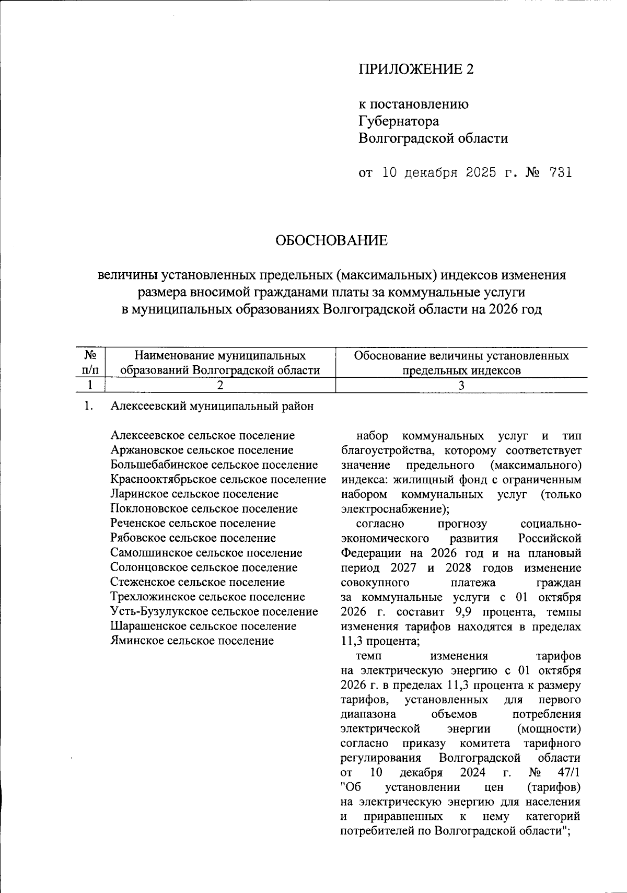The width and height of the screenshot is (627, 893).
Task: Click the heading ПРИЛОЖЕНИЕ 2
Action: (415, 69)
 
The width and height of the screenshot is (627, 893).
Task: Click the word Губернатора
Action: (398, 121)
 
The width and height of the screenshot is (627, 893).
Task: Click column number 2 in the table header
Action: (220, 385)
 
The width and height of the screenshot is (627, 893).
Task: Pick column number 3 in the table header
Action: (461, 385)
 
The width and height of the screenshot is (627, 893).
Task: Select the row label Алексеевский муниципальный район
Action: (212, 407)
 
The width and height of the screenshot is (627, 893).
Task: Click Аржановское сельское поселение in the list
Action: (202, 450)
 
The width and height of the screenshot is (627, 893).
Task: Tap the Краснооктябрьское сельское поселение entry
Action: (218, 480)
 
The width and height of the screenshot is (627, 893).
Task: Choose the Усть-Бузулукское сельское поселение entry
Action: (214, 611)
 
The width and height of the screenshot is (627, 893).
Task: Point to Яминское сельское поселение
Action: (192, 641)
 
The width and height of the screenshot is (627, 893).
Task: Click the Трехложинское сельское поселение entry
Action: (207, 597)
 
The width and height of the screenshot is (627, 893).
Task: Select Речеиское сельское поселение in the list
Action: (193, 524)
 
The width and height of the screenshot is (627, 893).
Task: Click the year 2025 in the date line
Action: (477, 172)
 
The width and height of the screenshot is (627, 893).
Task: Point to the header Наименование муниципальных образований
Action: (220, 363)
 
